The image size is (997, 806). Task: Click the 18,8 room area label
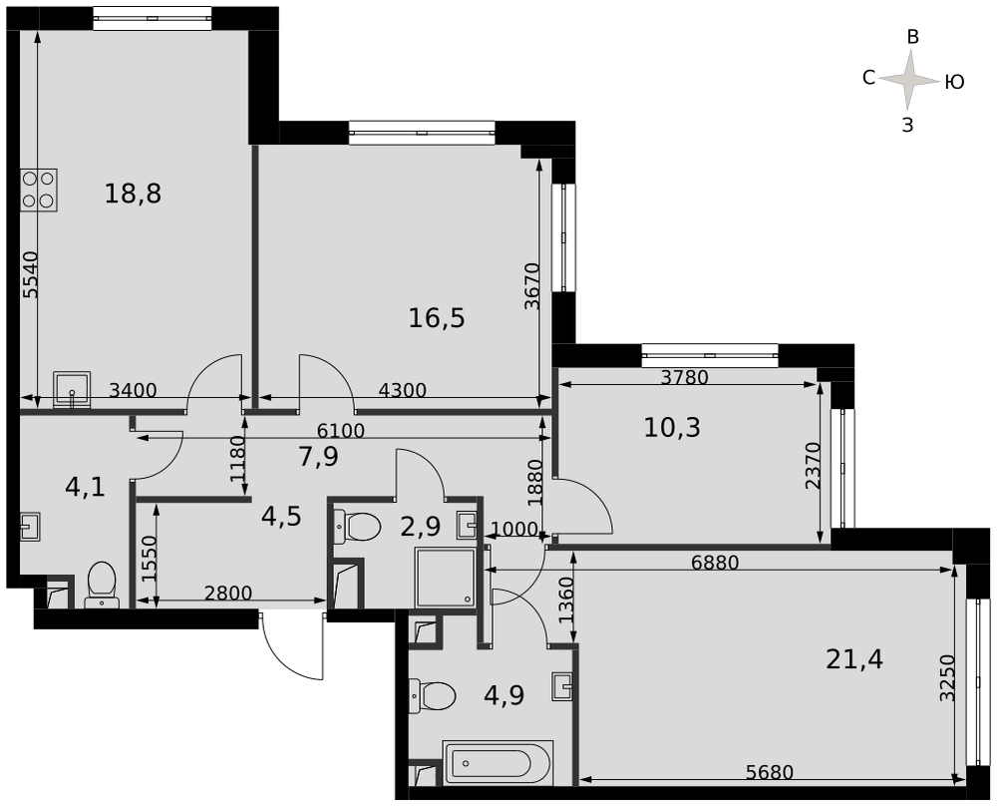coord(133,194)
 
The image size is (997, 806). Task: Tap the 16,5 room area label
coord(437,318)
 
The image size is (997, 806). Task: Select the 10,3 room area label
coord(672,428)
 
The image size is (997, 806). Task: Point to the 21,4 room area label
coord(854,659)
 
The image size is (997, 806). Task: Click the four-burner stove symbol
coord(39,191)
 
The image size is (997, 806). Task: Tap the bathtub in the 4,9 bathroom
coord(498,762)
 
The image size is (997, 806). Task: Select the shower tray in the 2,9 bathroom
coord(445,577)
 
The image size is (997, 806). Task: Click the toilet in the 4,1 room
coord(102,584)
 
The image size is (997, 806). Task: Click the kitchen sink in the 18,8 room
coord(72,389)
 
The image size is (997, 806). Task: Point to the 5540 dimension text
coord(31,274)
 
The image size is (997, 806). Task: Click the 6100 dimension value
coord(341,431)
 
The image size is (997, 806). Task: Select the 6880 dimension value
coord(715,563)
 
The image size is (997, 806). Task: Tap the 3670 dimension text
coord(532,286)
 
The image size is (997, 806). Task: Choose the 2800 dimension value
coord(228,593)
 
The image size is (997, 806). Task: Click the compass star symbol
coord(910,80)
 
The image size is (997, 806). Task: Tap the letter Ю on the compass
coord(954,82)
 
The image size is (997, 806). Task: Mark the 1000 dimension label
coord(515,530)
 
